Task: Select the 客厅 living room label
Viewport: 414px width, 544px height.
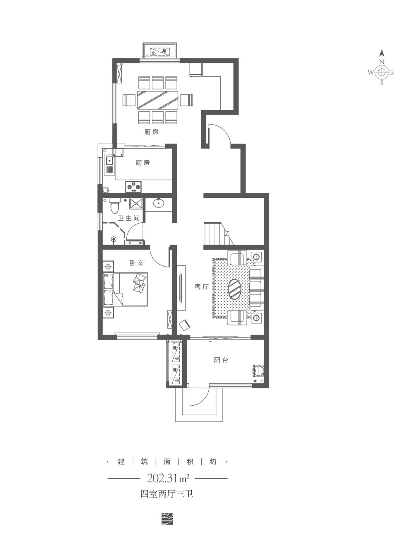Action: click(201, 286)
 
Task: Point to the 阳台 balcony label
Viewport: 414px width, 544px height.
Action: click(221, 360)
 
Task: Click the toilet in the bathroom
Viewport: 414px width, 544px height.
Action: click(115, 205)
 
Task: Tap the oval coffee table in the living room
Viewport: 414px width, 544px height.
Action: click(235, 289)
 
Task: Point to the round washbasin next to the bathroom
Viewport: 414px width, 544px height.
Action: click(158, 203)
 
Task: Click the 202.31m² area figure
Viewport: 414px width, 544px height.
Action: click(168, 479)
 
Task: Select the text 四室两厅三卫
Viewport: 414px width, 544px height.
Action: click(167, 494)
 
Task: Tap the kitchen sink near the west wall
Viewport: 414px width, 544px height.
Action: click(110, 161)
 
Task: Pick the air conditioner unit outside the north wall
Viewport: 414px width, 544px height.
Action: click(161, 52)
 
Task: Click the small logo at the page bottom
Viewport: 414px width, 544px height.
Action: click(167, 517)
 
